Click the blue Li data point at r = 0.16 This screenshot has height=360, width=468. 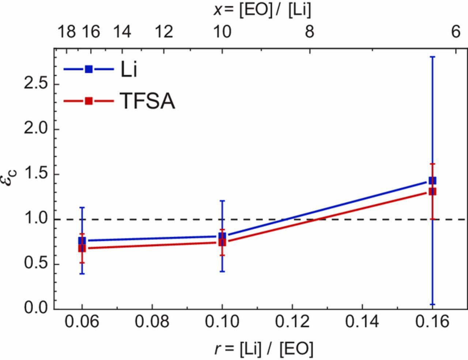432,180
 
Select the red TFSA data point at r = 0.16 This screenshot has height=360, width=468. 432,191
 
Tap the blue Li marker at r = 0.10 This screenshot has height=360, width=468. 222,236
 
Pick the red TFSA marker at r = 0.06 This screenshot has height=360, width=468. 82,248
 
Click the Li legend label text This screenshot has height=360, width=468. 128,69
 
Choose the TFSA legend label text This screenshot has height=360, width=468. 147,101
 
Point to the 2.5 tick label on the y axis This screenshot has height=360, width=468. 36,84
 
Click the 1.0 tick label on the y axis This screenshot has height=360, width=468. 36,219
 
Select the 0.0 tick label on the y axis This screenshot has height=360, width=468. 36,308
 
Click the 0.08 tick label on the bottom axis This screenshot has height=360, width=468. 152,322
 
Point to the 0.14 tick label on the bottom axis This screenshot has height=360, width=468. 362,322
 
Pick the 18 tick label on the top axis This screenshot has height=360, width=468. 67,32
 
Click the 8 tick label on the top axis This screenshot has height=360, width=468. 309,32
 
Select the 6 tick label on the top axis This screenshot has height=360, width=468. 455,32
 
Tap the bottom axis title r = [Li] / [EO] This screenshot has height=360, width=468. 264,349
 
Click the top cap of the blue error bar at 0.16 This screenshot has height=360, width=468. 432,57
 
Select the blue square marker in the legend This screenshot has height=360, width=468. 89,69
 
